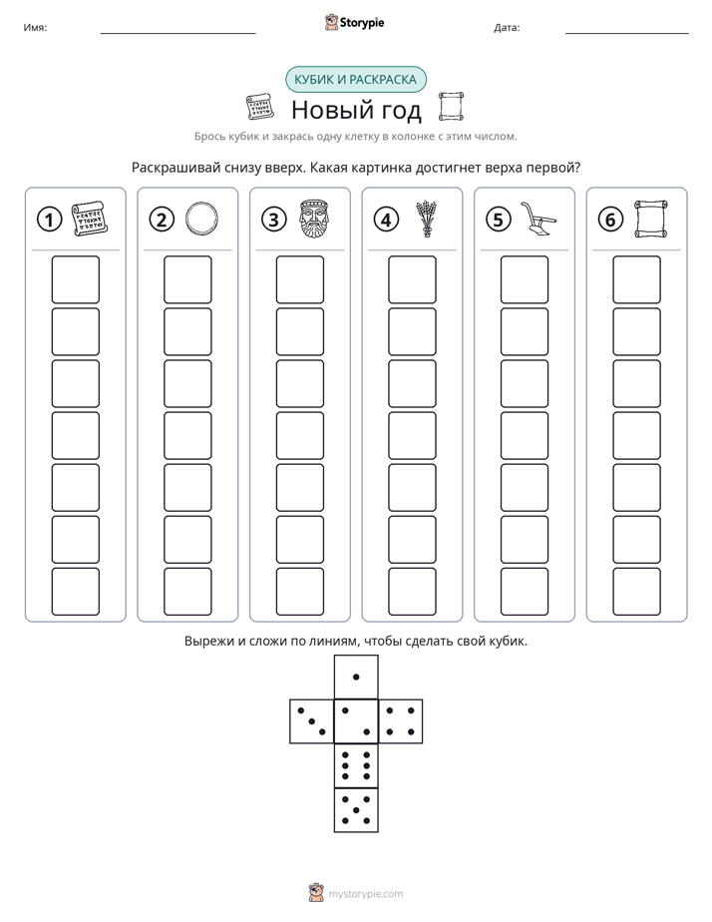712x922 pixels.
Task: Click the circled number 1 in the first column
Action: tap(49, 220)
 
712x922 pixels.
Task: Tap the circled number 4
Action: tap(386, 220)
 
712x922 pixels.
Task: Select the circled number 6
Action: tap(610, 220)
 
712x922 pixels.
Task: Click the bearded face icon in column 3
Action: tap(313, 219)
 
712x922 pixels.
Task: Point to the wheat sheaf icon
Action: tap(426, 219)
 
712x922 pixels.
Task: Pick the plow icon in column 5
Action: tap(538, 219)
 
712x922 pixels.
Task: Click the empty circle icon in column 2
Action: tap(201, 219)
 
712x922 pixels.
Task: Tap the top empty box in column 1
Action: tap(75, 279)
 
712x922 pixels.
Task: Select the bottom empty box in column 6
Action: tap(637, 592)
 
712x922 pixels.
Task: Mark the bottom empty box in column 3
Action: tap(299, 592)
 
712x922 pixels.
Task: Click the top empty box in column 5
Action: tap(525, 279)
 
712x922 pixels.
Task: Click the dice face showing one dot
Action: tap(356, 677)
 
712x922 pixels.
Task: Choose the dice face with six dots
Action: tap(356, 765)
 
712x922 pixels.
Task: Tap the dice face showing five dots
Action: tap(356, 809)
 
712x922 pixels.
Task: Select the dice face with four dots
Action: tap(401, 720)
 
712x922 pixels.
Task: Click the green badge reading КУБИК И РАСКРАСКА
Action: tap(355, 80)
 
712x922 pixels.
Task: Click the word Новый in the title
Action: tap(325, 110)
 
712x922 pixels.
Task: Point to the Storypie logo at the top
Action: tap(354, 22)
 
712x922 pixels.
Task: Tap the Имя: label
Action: tap(35, 27)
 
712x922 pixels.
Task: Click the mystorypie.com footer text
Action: tap(365, 894)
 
